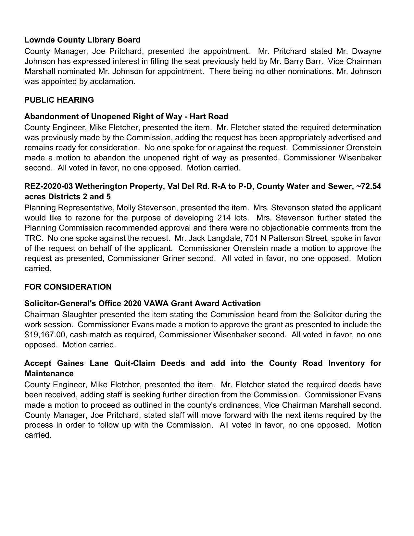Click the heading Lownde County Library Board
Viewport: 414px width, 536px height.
(x=82, y=40)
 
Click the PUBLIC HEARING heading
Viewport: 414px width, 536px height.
(x=59, y=100)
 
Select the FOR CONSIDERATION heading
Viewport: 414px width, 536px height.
(x=68, y=287)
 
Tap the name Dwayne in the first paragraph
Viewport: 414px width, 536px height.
(x=366, y=51)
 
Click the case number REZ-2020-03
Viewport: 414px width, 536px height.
(x=49, y=186)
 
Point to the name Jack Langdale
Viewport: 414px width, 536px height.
(x=215, y=238)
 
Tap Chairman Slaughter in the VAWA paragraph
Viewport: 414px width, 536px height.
(x=61, y=315)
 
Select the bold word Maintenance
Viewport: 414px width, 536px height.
(x=49, y=373)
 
